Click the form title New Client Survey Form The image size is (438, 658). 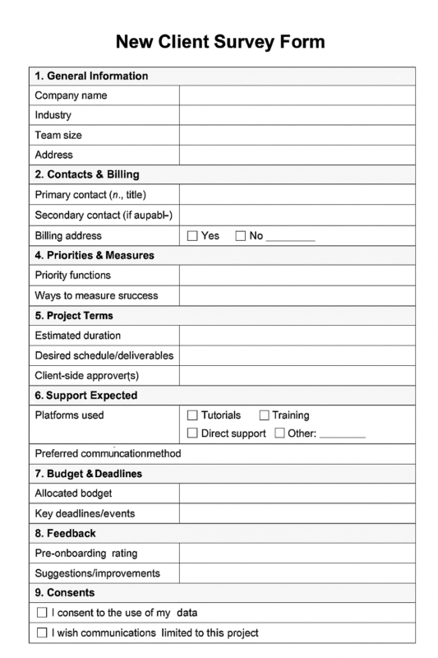click(219, 41)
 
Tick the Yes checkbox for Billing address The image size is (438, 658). click(193, 236)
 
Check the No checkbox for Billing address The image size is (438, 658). click(241, 236)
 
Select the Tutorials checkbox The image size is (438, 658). click(193, 415)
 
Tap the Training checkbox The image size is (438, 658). click(264, 415)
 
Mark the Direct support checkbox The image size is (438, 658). click(193, 433)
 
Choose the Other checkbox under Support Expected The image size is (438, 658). click(279, 433)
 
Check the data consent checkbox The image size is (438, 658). click(43, 613)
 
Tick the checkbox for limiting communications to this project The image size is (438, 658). click(43, 633)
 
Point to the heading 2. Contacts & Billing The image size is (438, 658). click(87, 174)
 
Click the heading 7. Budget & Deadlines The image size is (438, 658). click(89, 474)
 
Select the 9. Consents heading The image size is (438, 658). click(65, 592)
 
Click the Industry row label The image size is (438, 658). click(53, 115)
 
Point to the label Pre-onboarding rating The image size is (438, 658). click(86, 554)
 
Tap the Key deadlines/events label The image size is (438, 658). click(85, 514)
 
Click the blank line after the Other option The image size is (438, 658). click(342, 434)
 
